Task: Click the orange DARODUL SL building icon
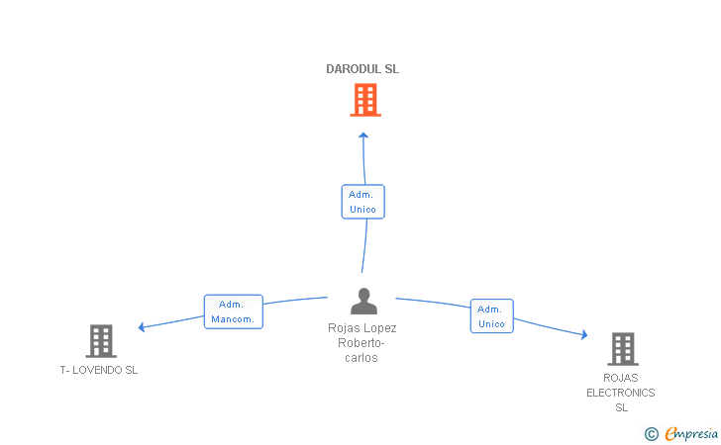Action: (365, 100)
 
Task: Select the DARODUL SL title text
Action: (362, 69)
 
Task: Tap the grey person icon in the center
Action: (363, 302)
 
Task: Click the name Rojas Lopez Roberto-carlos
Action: (361, 342)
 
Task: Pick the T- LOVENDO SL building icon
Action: (101, 341)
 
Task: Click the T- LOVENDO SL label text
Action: (99, 370)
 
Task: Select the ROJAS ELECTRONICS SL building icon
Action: (623, 349)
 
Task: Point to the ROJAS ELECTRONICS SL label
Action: (621, 393)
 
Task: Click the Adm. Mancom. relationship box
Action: (234, 311)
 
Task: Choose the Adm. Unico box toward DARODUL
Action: (363, 202)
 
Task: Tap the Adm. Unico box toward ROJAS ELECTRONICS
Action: (492, 316)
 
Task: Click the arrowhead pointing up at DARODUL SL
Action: (363, 135)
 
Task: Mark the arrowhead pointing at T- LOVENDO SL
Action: (142, 327)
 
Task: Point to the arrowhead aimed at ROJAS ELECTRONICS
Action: (584, 334)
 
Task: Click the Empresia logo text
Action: (691, 433)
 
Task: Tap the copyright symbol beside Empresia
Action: (652, 434)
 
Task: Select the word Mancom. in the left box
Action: (233, 319)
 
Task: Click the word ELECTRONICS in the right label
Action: (621, 393)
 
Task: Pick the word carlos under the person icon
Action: (361, 358)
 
